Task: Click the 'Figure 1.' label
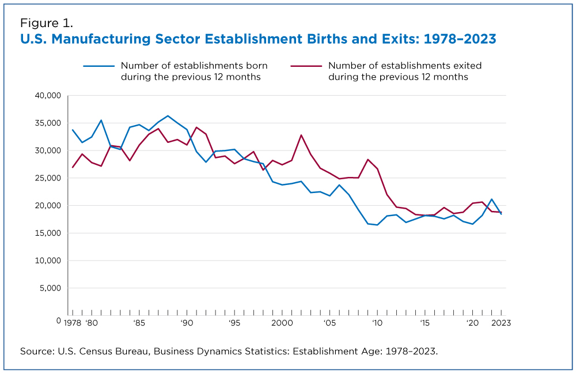[46, 23]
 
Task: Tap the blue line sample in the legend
[98, 66]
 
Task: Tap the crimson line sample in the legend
[306, 66]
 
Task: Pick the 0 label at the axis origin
[59, 320]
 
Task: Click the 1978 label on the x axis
[73, 323]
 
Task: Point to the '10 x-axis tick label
[377, 323]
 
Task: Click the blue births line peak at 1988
[168, 116]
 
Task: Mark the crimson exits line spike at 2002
[301, 135]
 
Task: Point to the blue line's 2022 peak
[491, 199]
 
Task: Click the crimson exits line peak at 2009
[367, 159]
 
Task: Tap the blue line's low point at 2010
[377, 225]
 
